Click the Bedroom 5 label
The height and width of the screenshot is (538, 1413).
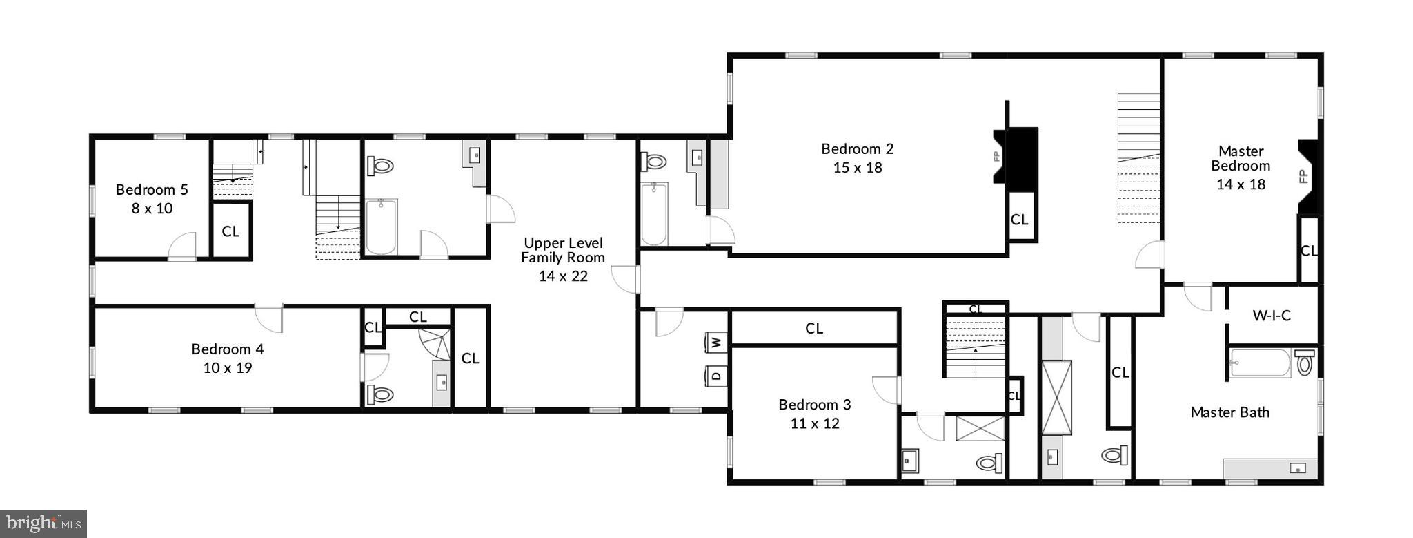[152, 189]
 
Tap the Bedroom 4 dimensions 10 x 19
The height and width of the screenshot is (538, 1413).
[228, 368]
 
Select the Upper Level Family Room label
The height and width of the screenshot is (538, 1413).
[563, 250]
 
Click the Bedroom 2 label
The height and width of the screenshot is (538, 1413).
[857, 148]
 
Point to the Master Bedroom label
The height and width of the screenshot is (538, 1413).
[1241, 158]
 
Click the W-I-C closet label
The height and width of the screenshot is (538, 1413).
[1272, 316]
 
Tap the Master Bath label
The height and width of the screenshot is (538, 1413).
[1229, 412]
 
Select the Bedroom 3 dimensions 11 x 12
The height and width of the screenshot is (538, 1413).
[815, 423]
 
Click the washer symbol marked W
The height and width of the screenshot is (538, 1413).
[716, 342]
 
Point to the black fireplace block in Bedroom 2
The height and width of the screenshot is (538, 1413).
[1022, 155]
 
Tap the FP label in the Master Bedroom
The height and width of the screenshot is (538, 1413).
[1303, 176]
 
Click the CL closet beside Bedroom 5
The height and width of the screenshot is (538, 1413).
[230, 231]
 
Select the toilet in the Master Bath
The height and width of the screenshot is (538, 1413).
[1304, 363]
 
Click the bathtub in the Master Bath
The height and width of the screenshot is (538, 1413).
[1260, 363]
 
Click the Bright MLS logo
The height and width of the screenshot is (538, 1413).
[43, 523]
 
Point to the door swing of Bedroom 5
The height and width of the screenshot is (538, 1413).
[183, 247]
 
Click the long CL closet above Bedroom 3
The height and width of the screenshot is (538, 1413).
[814, 328]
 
